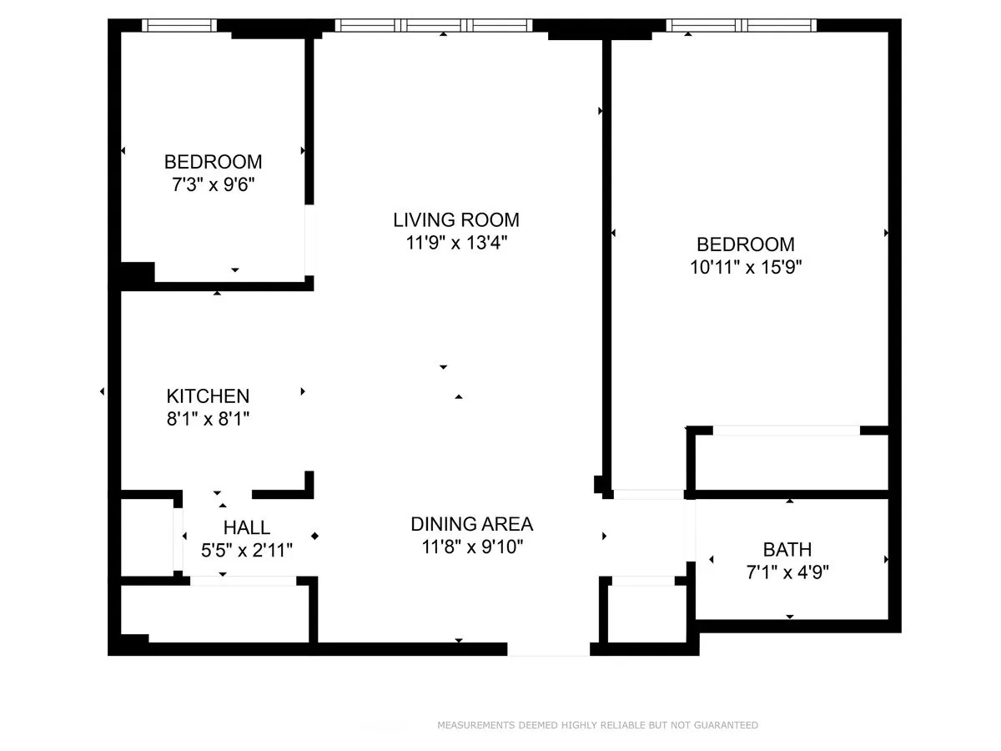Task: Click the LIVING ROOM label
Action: pos(456,220)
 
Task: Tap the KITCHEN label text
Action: pos(208,396)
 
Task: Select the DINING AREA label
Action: pos(471,524)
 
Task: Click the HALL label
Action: pos(247,527)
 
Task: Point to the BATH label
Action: pos(787,549)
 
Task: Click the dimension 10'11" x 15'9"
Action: pos(746,268)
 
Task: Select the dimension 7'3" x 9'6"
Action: pos(213,184)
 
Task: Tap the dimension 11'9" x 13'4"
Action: pos(456,244)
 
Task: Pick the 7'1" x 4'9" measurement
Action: pos(787,572)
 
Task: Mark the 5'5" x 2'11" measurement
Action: pos(247,551)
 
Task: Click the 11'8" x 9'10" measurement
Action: pos(471,547)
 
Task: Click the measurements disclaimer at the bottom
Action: pos(597,725)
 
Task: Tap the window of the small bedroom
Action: pos(179,25)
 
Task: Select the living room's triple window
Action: pos(433,25)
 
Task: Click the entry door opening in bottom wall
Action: pos(548,649)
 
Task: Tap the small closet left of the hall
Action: pos(147,537)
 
